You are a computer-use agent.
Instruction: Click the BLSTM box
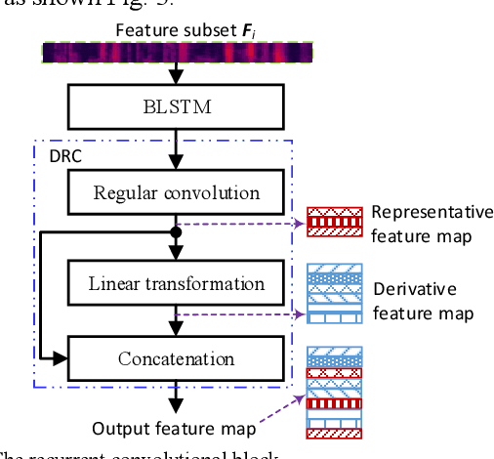(x=176, y=104)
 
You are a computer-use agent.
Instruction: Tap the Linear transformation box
(x=176, y=284)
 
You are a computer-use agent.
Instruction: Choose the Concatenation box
(x=176, y=358)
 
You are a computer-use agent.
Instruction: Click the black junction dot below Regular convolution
(x=176, y=233)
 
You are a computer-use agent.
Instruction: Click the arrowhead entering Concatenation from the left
(x=61, y=358)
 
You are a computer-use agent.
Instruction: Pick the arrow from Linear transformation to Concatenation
(x=176, y=320)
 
